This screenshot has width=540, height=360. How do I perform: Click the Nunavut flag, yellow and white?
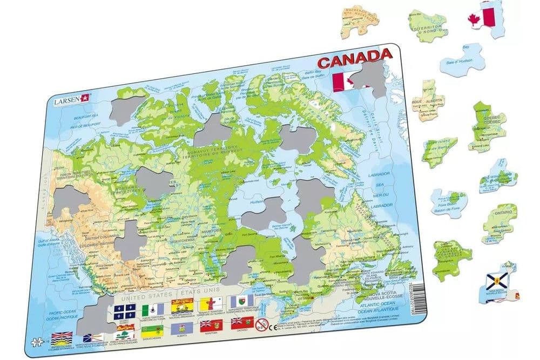208,304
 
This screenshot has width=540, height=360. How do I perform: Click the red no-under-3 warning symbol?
261,325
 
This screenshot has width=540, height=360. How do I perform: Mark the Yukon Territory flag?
148,309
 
